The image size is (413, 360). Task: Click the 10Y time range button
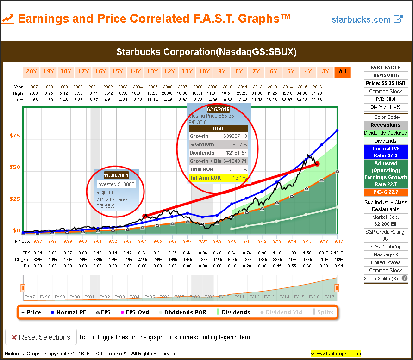coord(204,71)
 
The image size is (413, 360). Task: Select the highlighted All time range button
coord(343,71)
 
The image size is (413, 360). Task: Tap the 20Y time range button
coord(31,71)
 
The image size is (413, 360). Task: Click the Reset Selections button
coord(40,337)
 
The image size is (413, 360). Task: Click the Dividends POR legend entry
coord(185,312)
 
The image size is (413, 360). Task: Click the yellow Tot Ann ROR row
coord(218,177)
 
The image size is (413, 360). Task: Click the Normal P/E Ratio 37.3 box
coord(386,152)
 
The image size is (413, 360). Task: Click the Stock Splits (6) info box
coord(386,278)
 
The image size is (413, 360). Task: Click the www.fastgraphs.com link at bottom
coord(336,354)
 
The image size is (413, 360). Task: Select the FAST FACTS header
coord(386,67)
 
